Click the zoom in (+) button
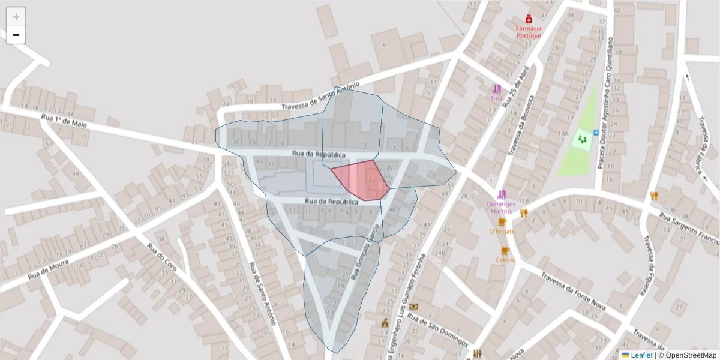tap(16, 17)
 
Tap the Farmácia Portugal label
tap(529, 32)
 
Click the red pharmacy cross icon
tap(529, 19)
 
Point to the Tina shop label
tap(496, 98)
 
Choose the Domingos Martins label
tap(502, 207)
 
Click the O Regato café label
tap(502, 231)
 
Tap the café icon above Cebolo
tap(505, 251)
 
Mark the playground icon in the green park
tap(581, 139)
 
